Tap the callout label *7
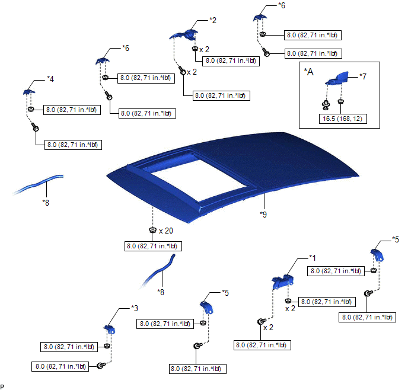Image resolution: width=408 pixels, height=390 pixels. click(x=364, y=76)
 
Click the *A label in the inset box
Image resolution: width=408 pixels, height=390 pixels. click(x=308, y=72)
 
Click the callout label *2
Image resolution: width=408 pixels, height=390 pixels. click(x=212, y=20)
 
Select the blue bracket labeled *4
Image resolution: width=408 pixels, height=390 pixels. click(x=30, y=91)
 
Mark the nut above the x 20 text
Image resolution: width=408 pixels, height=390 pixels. click(x=153, y=230)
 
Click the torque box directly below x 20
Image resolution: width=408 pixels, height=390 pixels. click(x=153, y=246)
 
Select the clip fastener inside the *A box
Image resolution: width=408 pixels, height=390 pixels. click(x=325, y=106)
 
